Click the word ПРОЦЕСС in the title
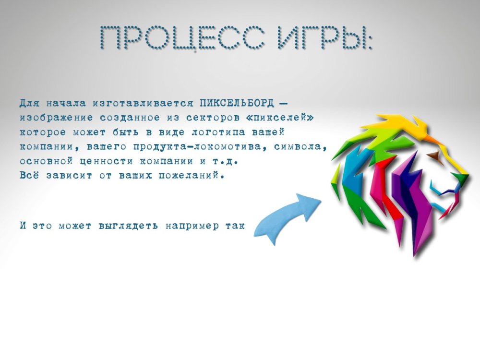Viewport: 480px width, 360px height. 182,37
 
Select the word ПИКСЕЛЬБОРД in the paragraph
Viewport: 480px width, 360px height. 237,104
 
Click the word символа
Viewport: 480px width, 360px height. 300,146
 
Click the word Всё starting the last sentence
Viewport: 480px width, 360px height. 29,175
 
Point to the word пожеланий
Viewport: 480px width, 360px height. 192,176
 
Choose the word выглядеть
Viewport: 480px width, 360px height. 129,226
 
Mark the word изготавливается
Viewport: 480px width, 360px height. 143,104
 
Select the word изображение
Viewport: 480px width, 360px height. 56,118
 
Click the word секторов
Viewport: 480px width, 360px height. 213,118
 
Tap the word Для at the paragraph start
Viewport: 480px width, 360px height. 29,104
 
